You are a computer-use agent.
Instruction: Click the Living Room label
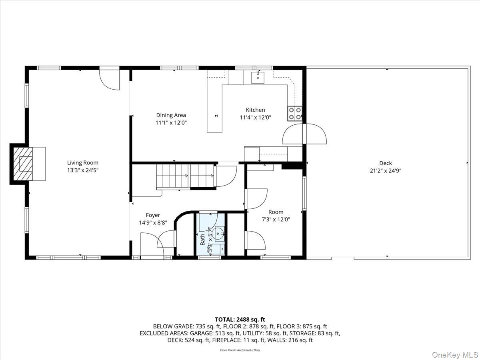pos(82,162)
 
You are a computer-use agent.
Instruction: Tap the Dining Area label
pos(171,115)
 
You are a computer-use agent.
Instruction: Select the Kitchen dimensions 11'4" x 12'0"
pos(255,118)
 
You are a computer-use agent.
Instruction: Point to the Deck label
pos(386,163)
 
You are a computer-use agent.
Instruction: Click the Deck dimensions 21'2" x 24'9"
pos(386,170)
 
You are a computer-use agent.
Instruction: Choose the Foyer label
pos(153,215)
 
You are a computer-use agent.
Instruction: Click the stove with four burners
pos(295,114)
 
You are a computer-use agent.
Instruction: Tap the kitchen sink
pos(258,77)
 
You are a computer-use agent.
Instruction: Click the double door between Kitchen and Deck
pos(304,134)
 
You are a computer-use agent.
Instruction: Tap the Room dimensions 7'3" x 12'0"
pos(276,219)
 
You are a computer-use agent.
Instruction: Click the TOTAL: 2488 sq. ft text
pos(240,319)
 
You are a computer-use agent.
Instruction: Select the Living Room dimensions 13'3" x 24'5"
pos(82,170)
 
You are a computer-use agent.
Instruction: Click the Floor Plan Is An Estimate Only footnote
pos(240,350)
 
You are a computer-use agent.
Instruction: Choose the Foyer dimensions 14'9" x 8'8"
pos(153,223)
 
